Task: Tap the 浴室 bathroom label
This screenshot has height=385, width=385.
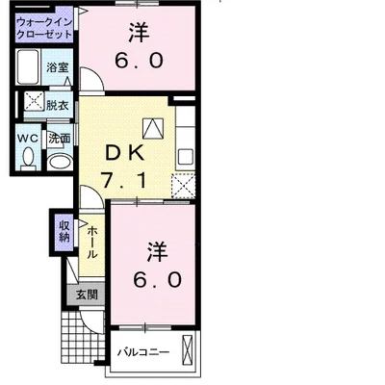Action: pyautogui.click(x=58, y=67)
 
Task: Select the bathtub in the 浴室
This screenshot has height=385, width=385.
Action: pyautogui.click(x=30, y=69)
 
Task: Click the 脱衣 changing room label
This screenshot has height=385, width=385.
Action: pyautogui.click(x=59, y=105)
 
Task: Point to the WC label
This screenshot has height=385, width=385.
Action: pyautogui.click(x=27, y=138)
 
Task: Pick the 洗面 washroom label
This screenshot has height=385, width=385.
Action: pyautogui.click(x=60, y=139)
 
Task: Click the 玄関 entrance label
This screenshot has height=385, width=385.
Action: pyautogui.click(x=86, y=295)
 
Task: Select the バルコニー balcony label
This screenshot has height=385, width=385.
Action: pyautogui.click(x=143, y=351)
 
